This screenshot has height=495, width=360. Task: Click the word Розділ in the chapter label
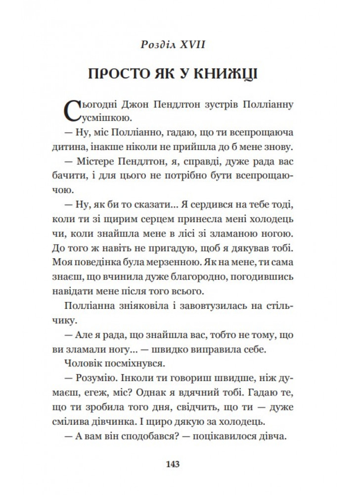[159, 45]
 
